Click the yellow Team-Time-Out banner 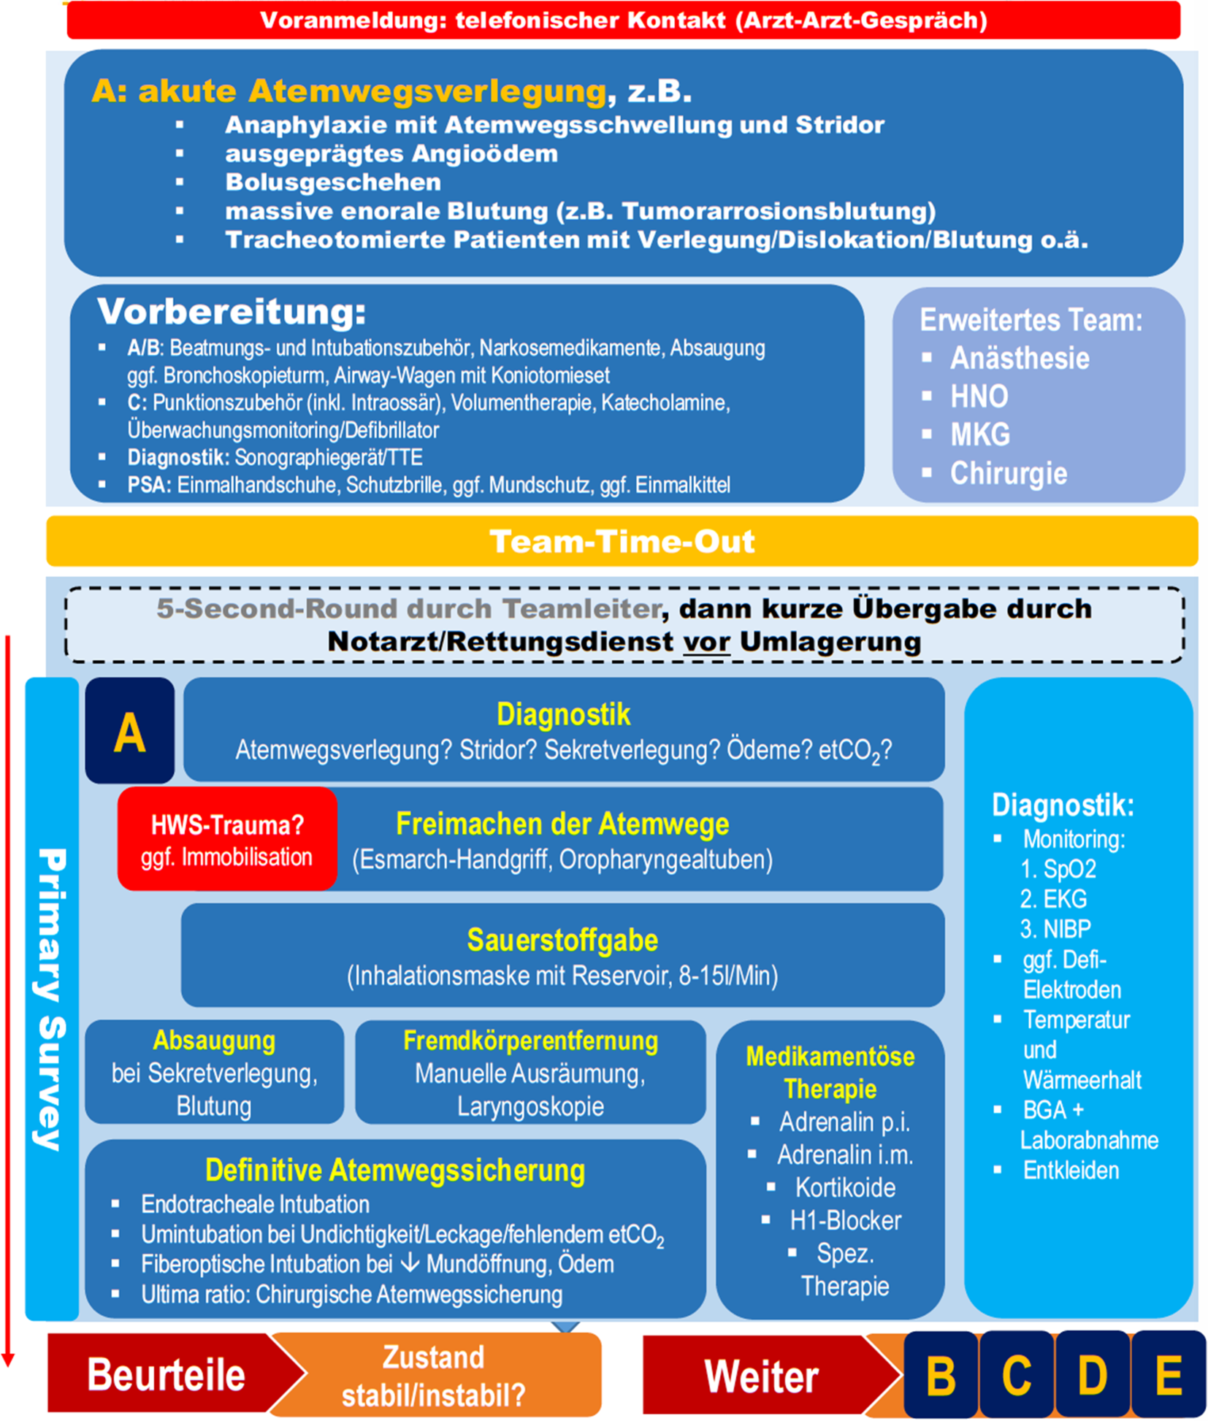(622, 541)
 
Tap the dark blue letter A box (129, 731)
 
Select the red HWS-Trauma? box (226, 839)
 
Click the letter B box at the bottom (941, 1376)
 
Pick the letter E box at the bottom (1169, 1376)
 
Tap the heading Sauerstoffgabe (562, 941)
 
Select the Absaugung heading (214, 1041)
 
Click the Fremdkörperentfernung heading (530, 1041)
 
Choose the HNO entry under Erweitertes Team (979, 397)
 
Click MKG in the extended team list (980, 434)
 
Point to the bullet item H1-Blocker (845, 1220)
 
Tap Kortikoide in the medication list (845, 1187)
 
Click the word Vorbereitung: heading (232, 312)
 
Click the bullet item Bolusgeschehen (333, 182)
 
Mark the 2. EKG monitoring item (1053, 899)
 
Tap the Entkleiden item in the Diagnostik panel (1071, 1171)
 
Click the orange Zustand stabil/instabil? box (434, 1376)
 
